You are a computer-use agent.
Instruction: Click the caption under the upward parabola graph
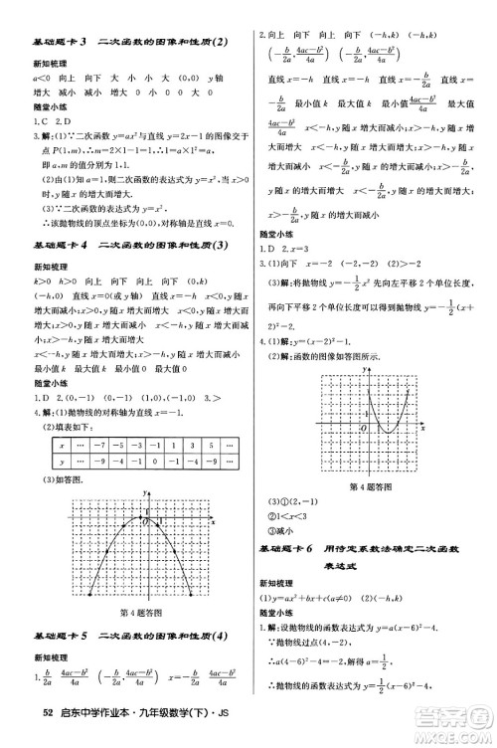(370, 485)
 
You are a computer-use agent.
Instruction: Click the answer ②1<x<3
(288, 515)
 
